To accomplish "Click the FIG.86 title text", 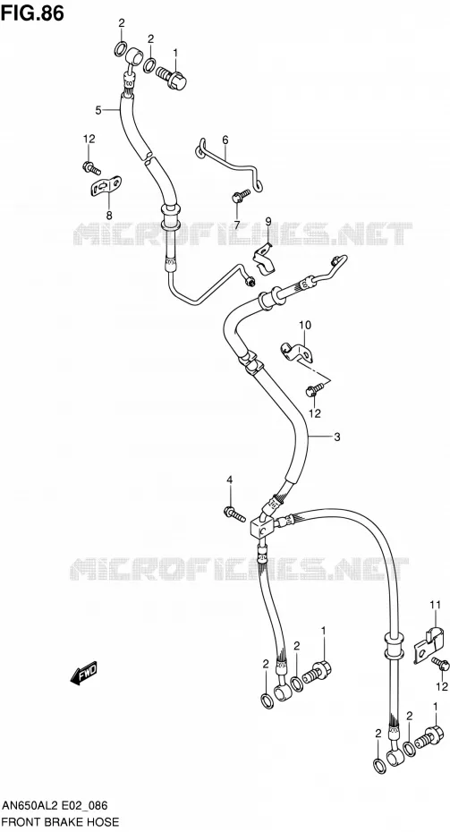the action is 32,13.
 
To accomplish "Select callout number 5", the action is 98,110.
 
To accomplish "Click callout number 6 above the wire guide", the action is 225,140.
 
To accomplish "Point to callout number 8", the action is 109,215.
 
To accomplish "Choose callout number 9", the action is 268,221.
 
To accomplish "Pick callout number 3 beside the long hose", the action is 337,437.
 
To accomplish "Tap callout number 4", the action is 230,480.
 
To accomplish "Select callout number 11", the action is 435,604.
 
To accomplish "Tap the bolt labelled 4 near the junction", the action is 234,514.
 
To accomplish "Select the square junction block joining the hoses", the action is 261,528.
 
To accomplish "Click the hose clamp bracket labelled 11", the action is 428,642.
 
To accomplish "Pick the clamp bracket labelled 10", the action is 296,352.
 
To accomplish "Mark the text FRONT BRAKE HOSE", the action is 60,822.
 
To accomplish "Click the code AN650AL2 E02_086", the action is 55,805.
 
